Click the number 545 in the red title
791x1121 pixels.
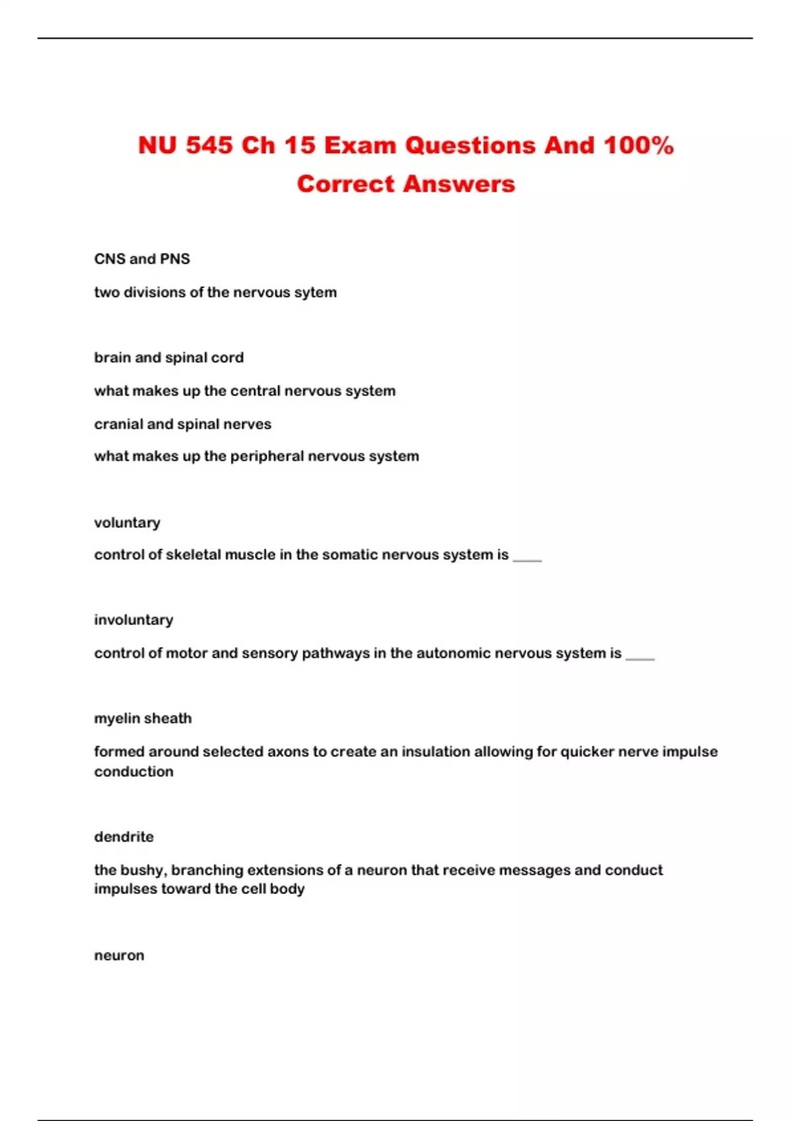click(x=209, y=146)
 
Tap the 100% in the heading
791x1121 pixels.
click(x=638, y=146)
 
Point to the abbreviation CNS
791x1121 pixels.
click(x=109, y=259)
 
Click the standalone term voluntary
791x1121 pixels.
click(x=127, y=523)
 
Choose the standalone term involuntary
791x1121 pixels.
click(x=134, y=620)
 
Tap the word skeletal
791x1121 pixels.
click(x=193, y=555)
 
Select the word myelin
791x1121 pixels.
click(x=116, y=719)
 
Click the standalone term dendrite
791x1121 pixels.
click(x=124, y=837)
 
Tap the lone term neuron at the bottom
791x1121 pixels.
click(x=119, y=955)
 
